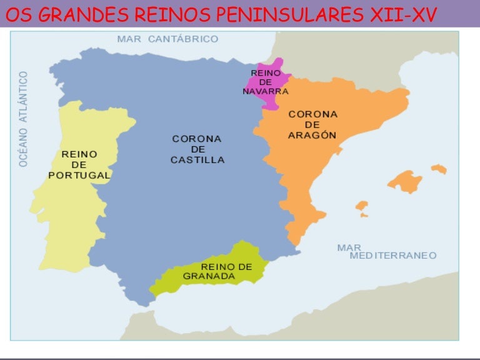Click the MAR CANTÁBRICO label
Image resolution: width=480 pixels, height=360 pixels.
[167, 39]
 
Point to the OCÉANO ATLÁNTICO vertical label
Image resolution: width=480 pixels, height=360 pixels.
[24, 118]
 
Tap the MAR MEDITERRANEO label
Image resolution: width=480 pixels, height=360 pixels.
[386, 252]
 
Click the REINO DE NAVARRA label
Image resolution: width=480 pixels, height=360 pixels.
[266, 82]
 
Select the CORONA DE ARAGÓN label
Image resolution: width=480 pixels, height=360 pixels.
[312, 124]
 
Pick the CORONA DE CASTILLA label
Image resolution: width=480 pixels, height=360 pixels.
[197, 149]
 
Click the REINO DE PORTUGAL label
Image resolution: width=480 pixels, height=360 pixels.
[79, 165]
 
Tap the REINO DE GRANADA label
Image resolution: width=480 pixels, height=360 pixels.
[218, 271]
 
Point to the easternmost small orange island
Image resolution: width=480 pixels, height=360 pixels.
[439, 169]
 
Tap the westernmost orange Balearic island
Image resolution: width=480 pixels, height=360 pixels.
[361, 207]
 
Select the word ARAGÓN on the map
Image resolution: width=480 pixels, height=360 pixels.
[312, 135]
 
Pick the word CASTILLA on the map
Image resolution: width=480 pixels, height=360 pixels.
[197, 160]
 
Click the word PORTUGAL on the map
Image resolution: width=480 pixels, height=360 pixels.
[79, 176]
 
